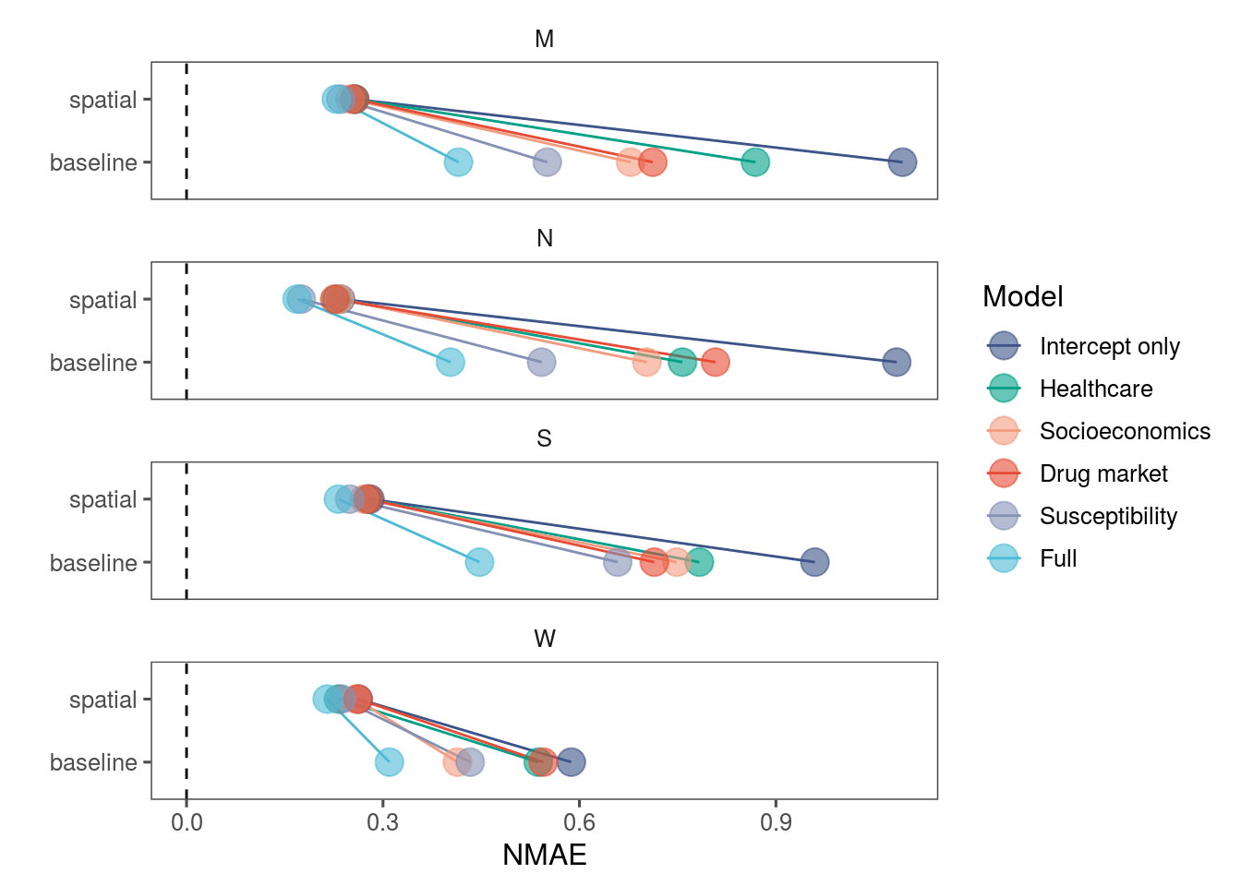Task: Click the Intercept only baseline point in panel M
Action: (902, 162)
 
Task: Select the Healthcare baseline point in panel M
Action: (755, 162)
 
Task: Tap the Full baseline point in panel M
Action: (458, 162)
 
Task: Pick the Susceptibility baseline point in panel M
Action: (547, 162)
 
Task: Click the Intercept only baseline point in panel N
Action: (896, 363)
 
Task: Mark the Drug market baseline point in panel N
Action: (715, 363)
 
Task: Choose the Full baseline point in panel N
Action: (450, 363)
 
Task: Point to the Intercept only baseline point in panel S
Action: (814, 562)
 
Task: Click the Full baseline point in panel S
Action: (479, 562)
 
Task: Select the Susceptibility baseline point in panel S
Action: (617, 562)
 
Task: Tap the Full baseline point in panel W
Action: (390, 762)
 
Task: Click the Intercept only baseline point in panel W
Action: (572, 762)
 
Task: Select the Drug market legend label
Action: (1103, 473)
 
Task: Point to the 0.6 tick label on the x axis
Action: (579, 822)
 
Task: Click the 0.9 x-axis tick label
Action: (776, 822)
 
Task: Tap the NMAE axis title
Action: (545, 856)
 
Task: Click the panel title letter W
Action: (545, 639)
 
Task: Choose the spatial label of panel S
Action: (102, 500)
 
